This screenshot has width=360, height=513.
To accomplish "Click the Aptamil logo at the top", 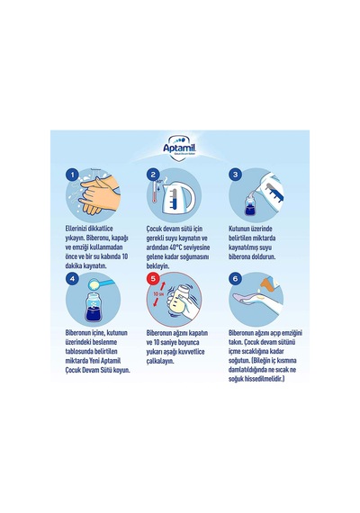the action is [179, 148].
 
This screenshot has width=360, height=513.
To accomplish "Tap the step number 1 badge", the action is [72, 175].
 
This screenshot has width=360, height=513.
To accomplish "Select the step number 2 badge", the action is [153, 175].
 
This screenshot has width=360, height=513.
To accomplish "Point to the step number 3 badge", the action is [235, 175].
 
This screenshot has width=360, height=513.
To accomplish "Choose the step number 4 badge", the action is [72, 279].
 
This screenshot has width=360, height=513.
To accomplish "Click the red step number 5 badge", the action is [153, 279].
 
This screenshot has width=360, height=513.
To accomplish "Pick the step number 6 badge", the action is [235, 279].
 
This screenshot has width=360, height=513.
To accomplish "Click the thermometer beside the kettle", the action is [155, 193].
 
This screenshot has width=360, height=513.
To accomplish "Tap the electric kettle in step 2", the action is [177, 197].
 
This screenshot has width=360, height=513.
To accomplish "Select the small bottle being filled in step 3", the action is [251, 205].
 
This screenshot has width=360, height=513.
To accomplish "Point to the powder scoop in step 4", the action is [101, 283].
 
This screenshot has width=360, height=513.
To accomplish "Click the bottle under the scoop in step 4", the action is [94, 307].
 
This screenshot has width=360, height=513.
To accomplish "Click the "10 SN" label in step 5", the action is [158, 293].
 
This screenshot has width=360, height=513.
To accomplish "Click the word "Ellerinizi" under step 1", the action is [76, 229].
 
